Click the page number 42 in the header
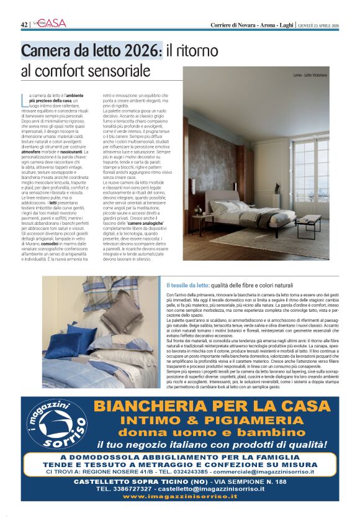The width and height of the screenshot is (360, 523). click(24, 24)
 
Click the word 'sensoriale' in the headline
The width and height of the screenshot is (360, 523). click(116, 70)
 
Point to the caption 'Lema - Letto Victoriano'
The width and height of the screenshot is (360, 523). click(310, 76)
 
